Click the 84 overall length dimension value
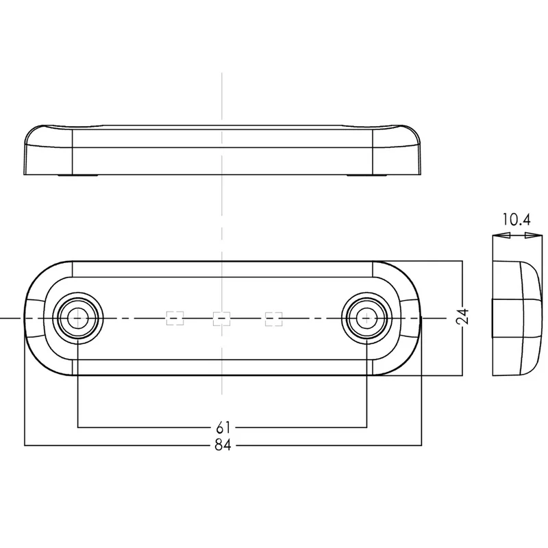coord(223,445)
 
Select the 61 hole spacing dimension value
coord(223,427)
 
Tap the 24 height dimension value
coord(463,316)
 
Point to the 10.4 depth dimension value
coord(516,220)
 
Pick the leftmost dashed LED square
coord(175,319)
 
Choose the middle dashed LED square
coord(221,319)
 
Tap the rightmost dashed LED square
coord(273,319)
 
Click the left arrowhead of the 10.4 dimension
coord(501,236)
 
